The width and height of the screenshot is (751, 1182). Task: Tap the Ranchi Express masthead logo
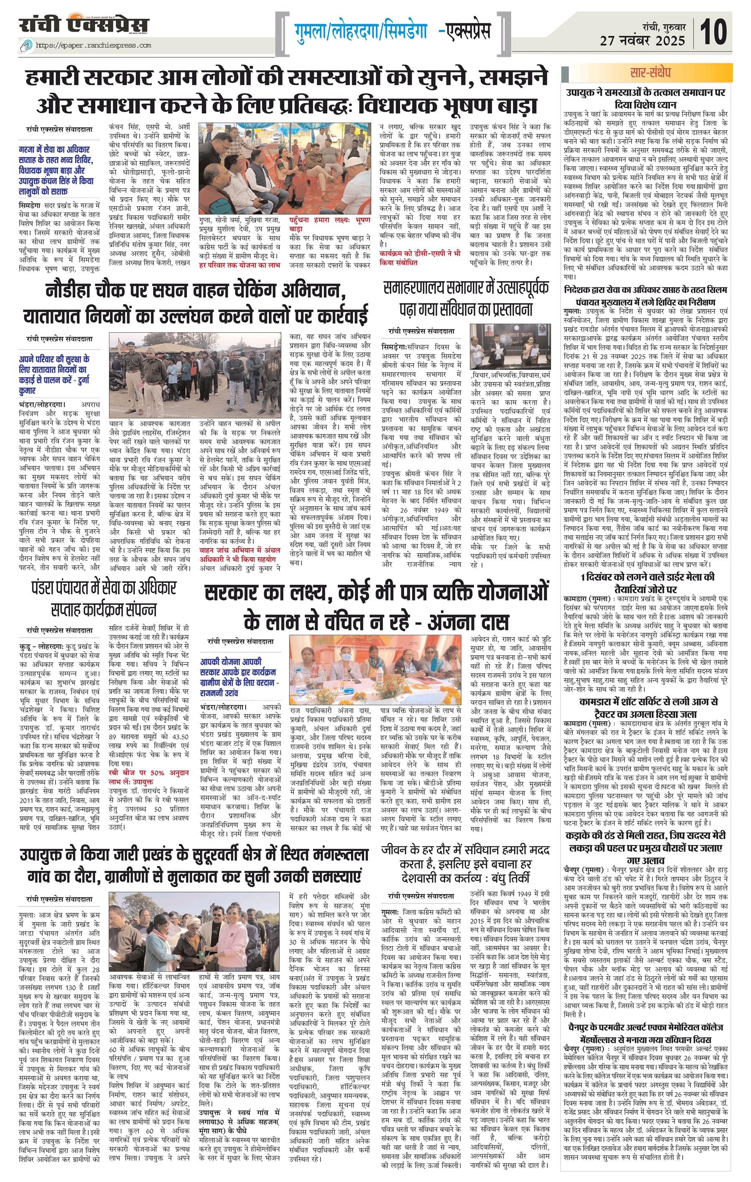[x=84, y=25]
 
